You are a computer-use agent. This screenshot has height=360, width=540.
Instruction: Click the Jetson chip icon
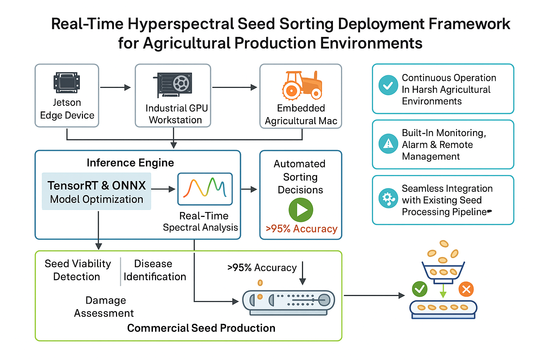(x=67, y=83)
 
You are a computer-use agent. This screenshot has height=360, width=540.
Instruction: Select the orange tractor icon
(x=302, y=85)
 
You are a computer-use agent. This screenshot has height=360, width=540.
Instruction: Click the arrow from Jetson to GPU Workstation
(x=115, y=87)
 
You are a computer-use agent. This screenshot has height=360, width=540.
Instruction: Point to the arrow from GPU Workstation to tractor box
(x=234, y=87)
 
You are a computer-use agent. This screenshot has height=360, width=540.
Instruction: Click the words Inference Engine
(x=130, y=163)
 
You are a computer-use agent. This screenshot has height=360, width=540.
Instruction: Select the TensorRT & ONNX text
(x=97, y=185)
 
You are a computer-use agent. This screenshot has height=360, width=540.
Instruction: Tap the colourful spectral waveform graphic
(x=205, y=188)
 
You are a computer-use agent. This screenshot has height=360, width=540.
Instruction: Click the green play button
(x=301, y=210)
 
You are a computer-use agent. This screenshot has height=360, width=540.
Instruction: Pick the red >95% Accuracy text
(x=301, y=229)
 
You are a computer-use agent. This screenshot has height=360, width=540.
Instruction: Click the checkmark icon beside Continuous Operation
(x=388, y=85)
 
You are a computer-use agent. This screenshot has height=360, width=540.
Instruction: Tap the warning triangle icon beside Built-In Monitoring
(x=388, y=143)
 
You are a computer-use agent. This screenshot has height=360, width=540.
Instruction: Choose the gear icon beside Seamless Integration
(x=388, y=199)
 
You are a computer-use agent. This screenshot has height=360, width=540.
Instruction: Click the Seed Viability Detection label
(x=77, y=270)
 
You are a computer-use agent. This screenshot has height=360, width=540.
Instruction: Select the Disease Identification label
(x=154, y=270)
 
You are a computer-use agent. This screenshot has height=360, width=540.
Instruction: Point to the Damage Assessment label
(x=104, y=307)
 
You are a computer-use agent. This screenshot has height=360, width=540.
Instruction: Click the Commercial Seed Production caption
(x=201, y=328)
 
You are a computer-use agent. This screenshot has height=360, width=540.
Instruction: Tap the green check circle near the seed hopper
(x=419, y=289)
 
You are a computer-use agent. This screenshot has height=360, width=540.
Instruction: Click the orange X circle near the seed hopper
(x=466, y=289)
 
